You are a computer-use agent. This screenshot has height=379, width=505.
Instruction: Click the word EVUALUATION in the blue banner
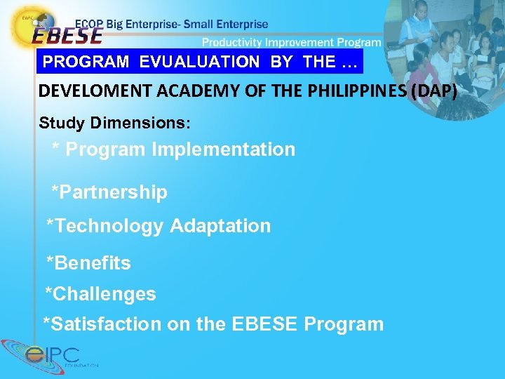click(x=199, y=62)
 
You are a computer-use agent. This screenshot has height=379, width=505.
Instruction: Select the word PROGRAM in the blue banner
click(x=86, y=62)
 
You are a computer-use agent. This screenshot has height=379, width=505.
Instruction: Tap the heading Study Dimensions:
click(x=114, y=123)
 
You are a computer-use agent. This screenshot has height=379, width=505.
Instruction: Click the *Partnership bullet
click(x=109, y=192)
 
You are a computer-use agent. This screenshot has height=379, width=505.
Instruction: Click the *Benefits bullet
click(x=88, y=263)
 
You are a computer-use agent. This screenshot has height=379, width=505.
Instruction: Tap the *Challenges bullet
click(x=100, y=293)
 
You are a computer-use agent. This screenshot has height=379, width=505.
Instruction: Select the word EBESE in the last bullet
click(x=267, y=324)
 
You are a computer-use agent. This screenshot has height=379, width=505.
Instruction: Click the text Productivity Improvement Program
click(x=292, y=42)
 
